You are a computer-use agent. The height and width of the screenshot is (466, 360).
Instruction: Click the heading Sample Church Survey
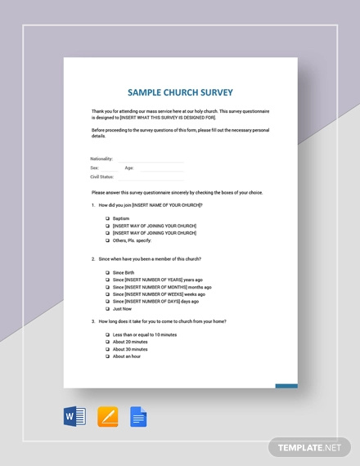click(180, 92)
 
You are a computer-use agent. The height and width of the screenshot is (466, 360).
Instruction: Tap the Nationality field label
click(101, 159)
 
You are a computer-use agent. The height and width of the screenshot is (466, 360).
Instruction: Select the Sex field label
click(95, 167)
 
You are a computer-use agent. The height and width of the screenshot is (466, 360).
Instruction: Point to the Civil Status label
click(102, 175)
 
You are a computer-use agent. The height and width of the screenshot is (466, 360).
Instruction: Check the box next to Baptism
click(108, 218)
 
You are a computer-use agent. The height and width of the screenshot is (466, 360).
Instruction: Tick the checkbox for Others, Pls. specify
click(108, 240)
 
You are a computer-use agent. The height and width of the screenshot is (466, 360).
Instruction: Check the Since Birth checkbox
click(108, 272)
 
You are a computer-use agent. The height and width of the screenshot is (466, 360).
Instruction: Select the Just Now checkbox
click(108, 309)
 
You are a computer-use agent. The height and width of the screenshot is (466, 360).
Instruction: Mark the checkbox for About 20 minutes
click(108, 342)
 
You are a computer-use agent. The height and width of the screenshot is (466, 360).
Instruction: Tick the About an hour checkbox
click(108, 356)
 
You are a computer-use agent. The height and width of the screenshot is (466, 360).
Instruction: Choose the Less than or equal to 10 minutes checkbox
click(108, 334)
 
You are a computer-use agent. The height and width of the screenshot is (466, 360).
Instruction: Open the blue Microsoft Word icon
click(74, 418)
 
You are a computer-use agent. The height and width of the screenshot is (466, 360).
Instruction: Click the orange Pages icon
click(108, 418)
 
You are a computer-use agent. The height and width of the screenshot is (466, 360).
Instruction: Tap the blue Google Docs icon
click(137, 418)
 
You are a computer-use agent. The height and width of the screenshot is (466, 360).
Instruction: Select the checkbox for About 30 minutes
click(108, 349)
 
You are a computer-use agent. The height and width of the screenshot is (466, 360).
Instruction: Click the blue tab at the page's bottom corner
click(286, 386)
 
